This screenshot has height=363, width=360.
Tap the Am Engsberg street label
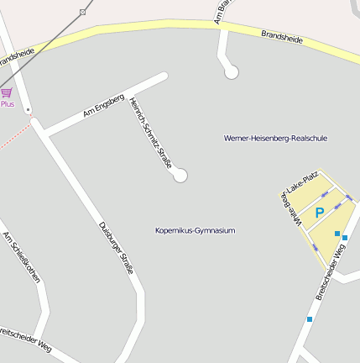[x=103, y=107]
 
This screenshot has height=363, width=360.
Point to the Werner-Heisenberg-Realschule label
[x=275, y=138]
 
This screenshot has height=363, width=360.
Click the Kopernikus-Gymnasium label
[x=195, y=230]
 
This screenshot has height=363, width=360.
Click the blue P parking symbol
[x=319, y=213]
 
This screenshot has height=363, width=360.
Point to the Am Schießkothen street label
[x=22, y=264]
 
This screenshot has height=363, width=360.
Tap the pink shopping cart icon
[x=7, y=92]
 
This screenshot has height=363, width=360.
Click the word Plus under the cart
[x=8, y=104]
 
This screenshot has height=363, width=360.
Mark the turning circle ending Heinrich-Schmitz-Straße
[x=180, y=176]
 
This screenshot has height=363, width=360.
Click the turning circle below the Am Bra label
[x=232, y=72]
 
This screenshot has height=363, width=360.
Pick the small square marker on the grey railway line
[x=82, y=12]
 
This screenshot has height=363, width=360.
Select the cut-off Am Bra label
[x=222, y=12]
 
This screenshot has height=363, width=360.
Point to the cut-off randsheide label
[x=17, y=60]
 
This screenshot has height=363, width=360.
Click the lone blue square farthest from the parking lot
[x=309, y=319]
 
